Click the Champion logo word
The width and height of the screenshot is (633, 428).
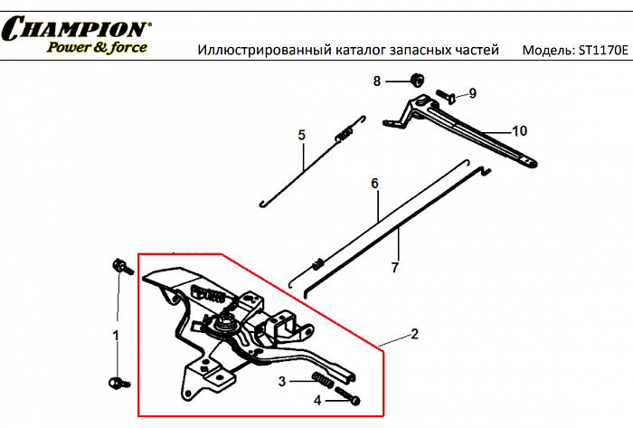click(77, 29)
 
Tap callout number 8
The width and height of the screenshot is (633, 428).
click(377, 81)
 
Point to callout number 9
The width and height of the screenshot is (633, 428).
click(472, 93)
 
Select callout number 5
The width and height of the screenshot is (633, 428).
click(303, 136)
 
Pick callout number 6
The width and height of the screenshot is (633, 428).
click(373, 184)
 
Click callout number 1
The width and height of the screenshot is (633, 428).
click(115, 336)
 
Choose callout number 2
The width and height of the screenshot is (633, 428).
click(414, 334)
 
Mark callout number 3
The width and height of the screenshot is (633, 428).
click(282, 381)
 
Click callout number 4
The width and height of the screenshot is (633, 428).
click(317, 399)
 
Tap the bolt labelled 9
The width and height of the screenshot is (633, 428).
click(446, 94)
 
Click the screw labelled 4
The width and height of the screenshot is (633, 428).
click(349, 395)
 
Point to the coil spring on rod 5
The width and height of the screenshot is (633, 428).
click(344, 136)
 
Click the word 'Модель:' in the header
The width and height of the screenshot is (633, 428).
click(545, 50)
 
